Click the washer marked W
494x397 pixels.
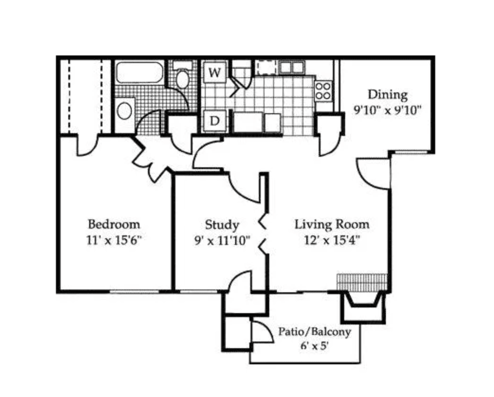(x=215, y=72)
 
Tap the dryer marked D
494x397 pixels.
(x=215, y=121)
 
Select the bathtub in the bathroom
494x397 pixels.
(x=139, y=72)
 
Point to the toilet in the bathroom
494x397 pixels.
(x=182, y=75)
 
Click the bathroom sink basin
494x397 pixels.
(x=124, y=110)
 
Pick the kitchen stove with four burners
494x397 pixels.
(x=323, y=90)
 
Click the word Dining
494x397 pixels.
(x=387, y=95)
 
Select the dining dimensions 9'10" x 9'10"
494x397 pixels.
(x=387, y=110)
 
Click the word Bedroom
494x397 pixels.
(x=114, y=224)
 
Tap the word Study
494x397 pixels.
(x=222, y=225)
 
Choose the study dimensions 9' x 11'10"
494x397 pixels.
(x=222, y=241)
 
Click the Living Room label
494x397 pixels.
(x=332, y=225)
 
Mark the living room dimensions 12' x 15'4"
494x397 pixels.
(x=332, y=241)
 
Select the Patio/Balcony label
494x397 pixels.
(x=314, y=332)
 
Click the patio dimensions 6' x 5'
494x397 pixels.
(x=314, y=346)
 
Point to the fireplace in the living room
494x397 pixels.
(x=364, y=307)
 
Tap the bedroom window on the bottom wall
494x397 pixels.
(x=135, y=292)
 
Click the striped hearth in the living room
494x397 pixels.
(x=362, y=282)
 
